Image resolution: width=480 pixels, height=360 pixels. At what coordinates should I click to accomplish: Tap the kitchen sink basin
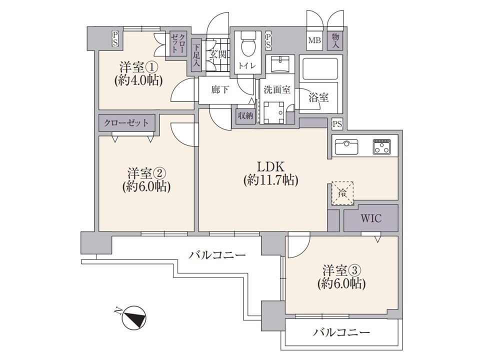pyautogui.click(x=346, y=146)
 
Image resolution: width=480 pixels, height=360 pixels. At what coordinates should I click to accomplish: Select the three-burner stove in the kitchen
pyautogui.click(x=381, y=146)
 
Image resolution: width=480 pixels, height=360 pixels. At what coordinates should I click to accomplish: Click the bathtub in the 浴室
pyautogui.click(x=320, y=68)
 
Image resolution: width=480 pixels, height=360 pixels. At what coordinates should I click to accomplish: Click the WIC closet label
pyautogui.click(x=370, y=218)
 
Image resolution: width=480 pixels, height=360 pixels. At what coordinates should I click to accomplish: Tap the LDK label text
pyautogui.click(x=270, y=167)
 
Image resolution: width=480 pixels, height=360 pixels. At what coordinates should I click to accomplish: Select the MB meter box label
pyautogui.click(x=314, y=40)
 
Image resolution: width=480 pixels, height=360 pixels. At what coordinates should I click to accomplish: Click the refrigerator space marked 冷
pyautogui.click(x=342, y=193)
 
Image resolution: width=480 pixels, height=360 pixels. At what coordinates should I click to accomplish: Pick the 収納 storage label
pyautogui.click(x=245, y=116)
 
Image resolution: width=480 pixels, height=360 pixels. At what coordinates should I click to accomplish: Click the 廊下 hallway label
pyautogui.click(x=220, y=90)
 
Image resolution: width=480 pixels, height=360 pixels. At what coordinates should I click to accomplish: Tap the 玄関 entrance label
pyautogui.click(x=217, y=54)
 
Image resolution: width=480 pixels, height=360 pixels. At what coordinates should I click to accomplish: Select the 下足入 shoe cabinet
pyautogui.click(x=196, y=55)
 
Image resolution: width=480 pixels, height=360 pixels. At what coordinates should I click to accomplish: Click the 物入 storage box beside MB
pyautogui.click(x=335, y=40)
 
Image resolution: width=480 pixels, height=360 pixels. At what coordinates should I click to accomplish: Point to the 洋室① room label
pyautogui.click(x=138, y=66)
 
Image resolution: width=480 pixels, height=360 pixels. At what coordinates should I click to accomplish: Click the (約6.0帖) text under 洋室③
pyautogui.click(x=341, y=284)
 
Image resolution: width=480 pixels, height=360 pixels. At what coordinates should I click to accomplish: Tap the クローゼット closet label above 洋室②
pyautogui.click(x=126, y=123)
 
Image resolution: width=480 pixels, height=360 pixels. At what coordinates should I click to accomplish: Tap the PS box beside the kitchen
pyautogui.click(x=337, y=124)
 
